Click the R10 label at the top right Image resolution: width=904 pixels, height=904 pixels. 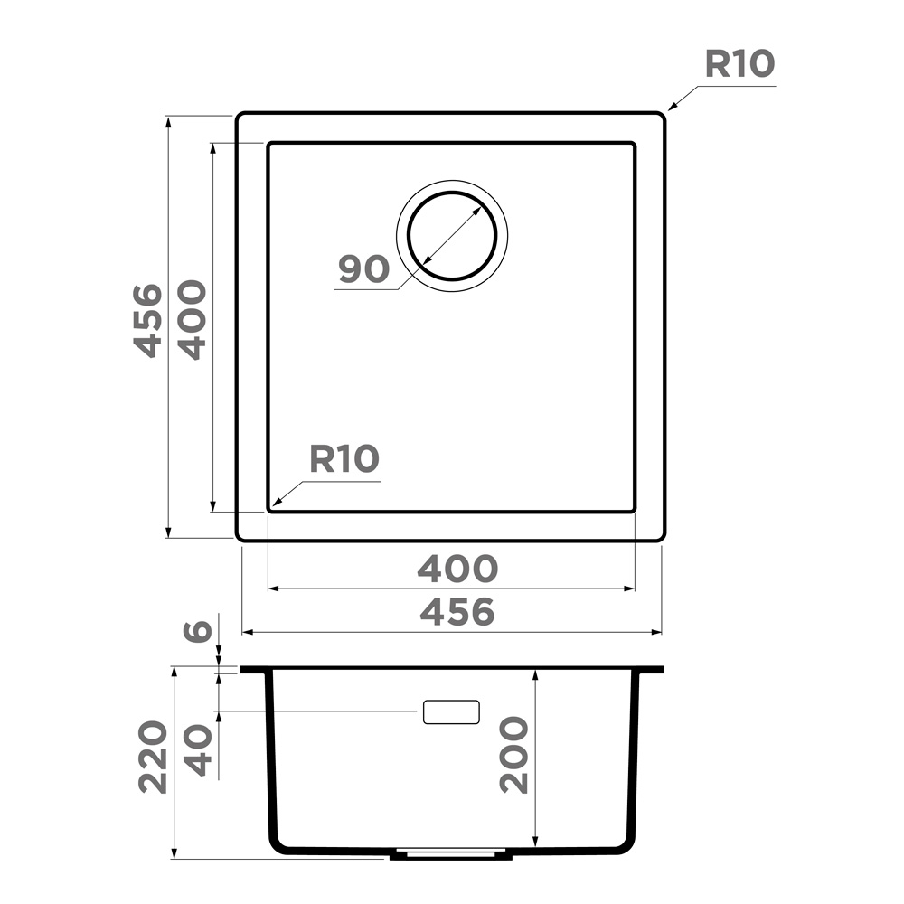tap(739, 63)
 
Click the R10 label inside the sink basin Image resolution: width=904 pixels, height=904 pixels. tap(344, 459)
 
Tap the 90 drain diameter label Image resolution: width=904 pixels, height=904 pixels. tap(363, 268)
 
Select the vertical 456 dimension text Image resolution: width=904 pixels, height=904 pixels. tap(147, 321)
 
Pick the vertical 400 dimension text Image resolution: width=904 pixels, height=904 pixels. tap(192, 321)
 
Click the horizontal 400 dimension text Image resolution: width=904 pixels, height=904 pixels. tap(457, 569)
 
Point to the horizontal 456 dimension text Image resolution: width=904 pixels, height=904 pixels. tap(457, 612)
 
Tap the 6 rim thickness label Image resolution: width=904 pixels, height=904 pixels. tap(198, 631)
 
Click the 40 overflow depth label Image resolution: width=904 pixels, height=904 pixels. tap(198, 750)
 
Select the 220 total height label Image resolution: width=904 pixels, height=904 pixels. tap(153, 757)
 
